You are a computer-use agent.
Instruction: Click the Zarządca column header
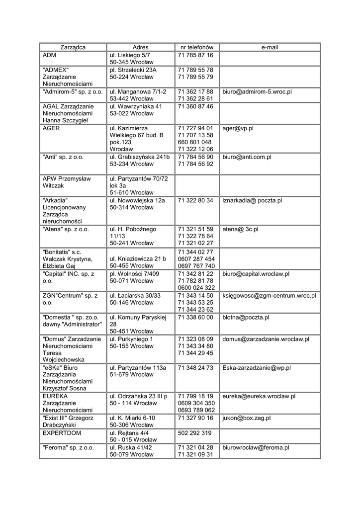(73, 47)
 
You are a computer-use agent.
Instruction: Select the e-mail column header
(270, 47)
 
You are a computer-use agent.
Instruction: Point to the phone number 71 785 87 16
(195, 55)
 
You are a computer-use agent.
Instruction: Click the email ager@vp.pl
(238, 128)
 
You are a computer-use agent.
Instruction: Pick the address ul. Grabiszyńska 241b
(140, 157)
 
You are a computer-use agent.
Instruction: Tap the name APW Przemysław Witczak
(63, 181)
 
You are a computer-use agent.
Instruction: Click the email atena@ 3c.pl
(240, 229)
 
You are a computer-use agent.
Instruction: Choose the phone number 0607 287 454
(196, 258)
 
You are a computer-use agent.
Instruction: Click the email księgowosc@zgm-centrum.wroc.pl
(269, 296)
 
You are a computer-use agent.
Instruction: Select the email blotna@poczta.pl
(246, 317)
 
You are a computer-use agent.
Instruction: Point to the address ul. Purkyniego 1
(132, 339)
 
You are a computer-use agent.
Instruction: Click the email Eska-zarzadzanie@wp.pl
(257, 368)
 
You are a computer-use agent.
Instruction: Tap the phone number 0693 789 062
(196, 411)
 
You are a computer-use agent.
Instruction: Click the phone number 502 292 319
(194, 432)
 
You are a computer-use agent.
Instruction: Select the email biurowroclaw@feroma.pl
(256, 447)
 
